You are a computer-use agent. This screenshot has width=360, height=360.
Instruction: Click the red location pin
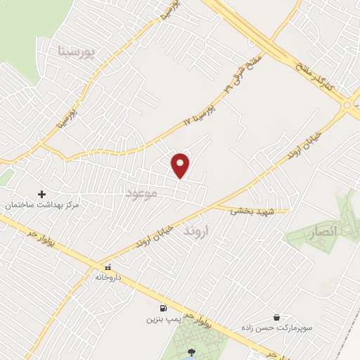click(181, 165)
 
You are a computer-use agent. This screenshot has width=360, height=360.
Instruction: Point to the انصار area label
click(323, 231)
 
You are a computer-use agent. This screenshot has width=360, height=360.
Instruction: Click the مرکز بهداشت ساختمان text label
click(42, 205)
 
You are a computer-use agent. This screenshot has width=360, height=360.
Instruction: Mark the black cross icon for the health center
click(41, 193)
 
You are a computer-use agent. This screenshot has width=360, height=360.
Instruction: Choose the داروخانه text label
click(108, 277)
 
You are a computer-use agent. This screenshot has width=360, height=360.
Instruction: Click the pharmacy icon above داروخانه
click(108, 266)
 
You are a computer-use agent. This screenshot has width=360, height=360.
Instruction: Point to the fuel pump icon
click(164, 308)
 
